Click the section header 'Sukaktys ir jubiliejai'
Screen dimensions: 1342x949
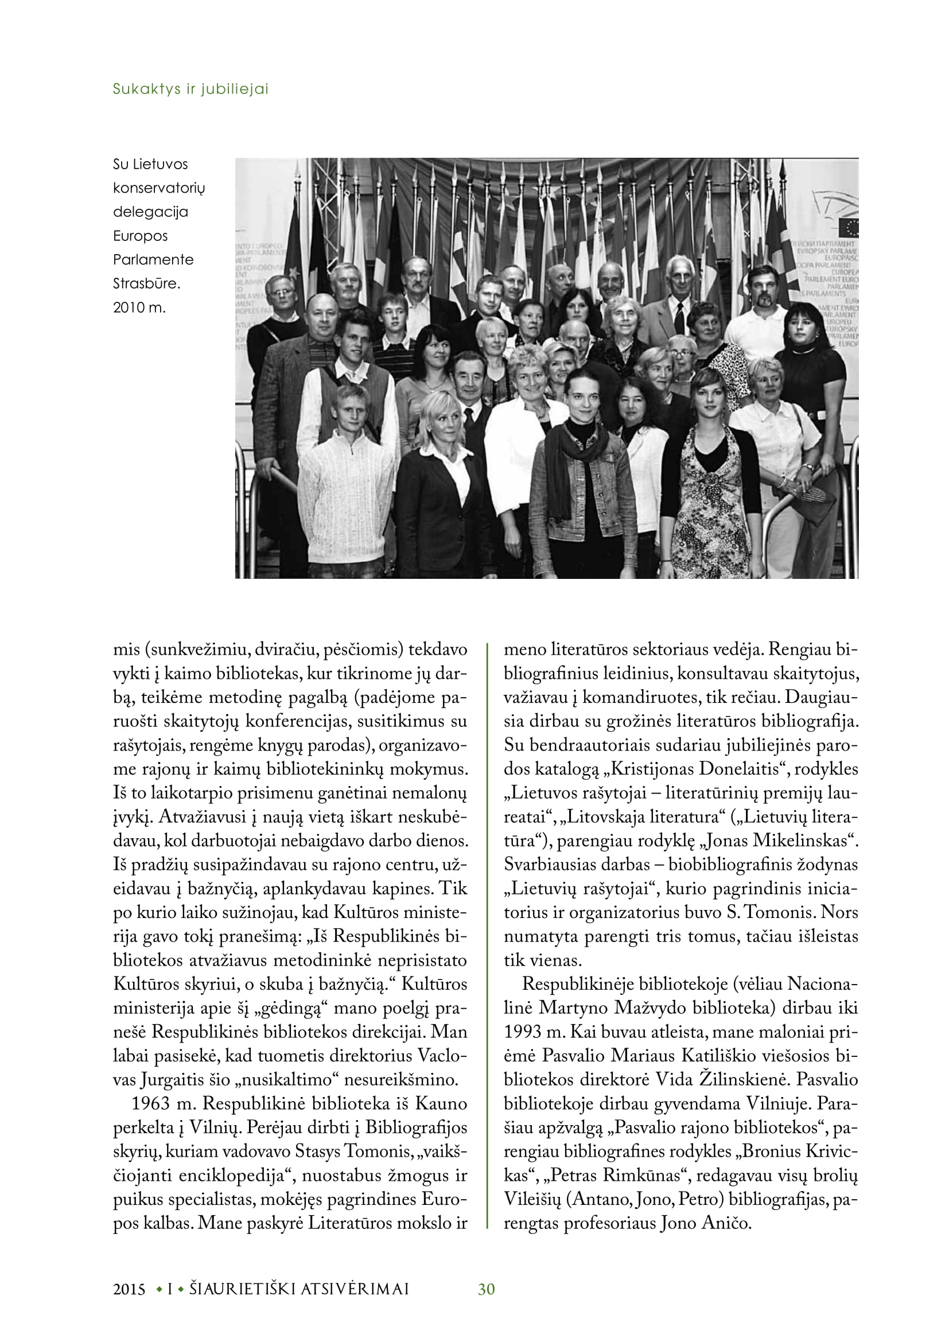tap(190, 90)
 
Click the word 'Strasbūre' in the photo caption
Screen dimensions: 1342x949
tap(146, 283)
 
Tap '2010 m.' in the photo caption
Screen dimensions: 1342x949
tap(139, 308)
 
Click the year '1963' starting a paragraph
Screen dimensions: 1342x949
tap(151, 1103)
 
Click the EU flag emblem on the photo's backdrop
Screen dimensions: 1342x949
tap(849, 227)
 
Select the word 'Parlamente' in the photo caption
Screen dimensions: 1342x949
tap(153, 259)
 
